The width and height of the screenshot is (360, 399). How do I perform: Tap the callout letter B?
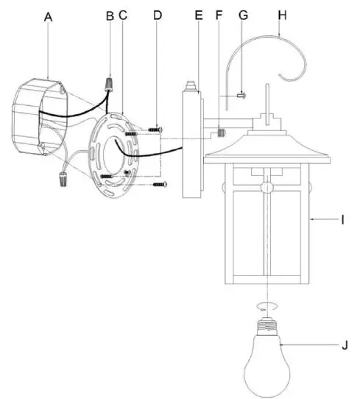coord(109,15)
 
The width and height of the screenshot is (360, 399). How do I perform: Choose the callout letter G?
coord(243,15)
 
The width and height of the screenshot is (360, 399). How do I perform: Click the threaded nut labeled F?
coord(219,133)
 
